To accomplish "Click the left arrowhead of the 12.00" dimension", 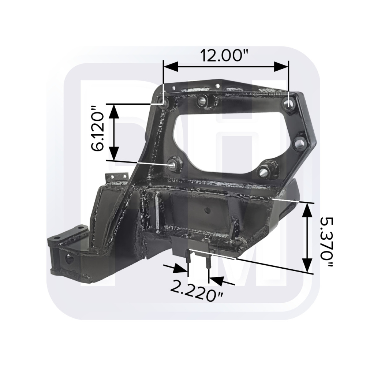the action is (x=171, y=67).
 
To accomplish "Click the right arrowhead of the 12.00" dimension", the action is (x=281, y=67).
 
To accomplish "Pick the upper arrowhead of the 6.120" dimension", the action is (x=114, y=112).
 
